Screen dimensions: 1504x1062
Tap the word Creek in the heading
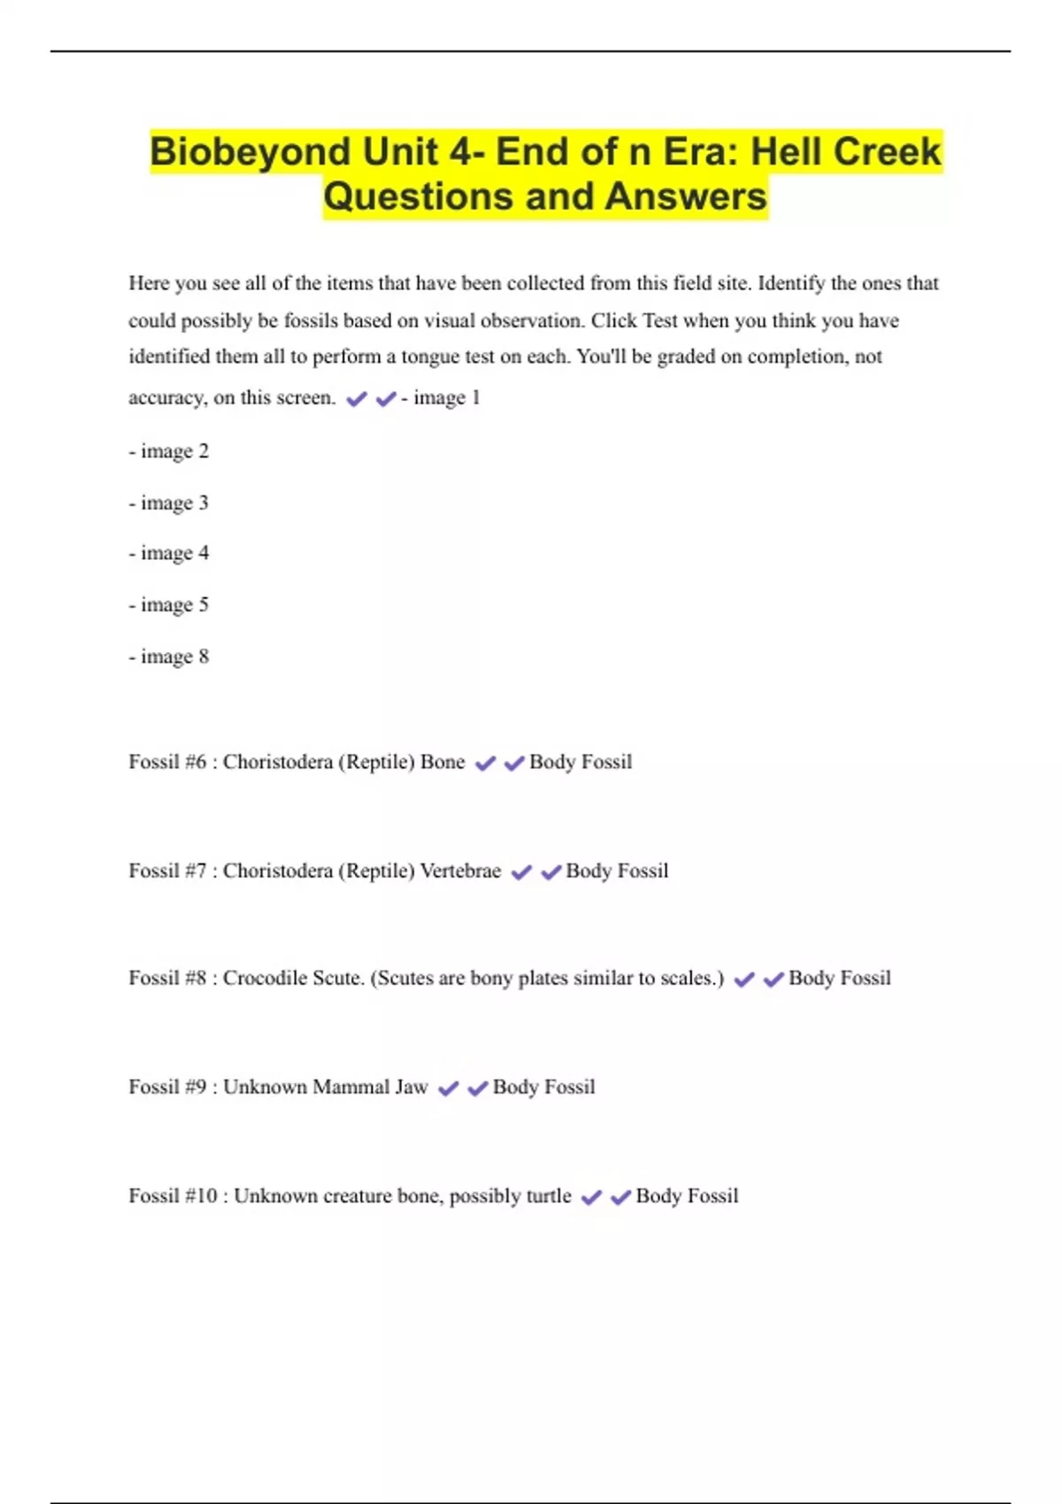pyautogui.click(x=888, y=151)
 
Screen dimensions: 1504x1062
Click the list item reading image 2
pyautogui.click(x=169, y=451)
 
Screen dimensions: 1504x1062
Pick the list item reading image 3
pyautogui.click(x=169, y=503)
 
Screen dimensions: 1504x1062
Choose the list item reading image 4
pyautogui.click(x=169, y=553)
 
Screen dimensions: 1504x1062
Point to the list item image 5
pyautogui.click(x=169, y=605)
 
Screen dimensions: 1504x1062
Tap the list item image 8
pyautogui.click(x=169, y=656)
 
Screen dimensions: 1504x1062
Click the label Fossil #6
pyautogui.click(x=167, y=762)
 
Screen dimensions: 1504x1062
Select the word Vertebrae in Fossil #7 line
pyautogui.click(x=460, y=871)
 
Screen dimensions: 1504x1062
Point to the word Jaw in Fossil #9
pyautogui.click(x=411, y=1086)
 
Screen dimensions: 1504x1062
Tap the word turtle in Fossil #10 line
pyautogui.click(x=549, y=1196)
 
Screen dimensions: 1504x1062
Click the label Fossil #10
pyautogui.click(x=173, y=1196)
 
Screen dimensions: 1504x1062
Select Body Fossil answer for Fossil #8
pyautogui.click(x=839, y=978)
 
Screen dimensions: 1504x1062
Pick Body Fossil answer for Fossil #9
pyautogui.click(x=543, y=1086)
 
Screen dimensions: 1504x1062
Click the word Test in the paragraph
pyautogui.click(x=660, y=320)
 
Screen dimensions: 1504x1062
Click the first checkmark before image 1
pyautogui.click(x=357, y=399)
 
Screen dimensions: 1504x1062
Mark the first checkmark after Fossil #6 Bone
pyautogui.click(x=485, y=763)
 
